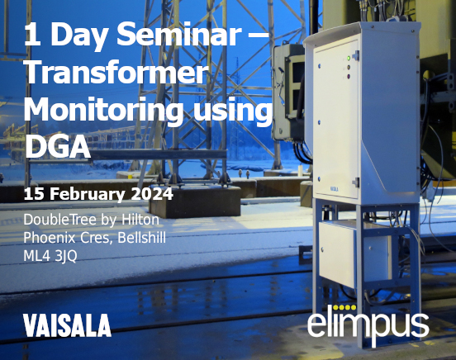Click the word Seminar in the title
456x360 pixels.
(178, 35)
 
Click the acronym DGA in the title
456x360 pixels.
(57, 146)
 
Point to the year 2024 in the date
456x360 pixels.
(152, 194)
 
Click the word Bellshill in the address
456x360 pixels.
(141, 238)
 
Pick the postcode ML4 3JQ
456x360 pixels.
(50, 256)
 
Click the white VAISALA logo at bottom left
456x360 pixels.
(68, 325)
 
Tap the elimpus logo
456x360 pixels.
(368, 325)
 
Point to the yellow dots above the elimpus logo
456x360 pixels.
(344, 307)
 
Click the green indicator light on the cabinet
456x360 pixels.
(348, 59)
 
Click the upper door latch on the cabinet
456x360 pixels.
(356, 55)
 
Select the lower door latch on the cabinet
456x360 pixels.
(356, 182)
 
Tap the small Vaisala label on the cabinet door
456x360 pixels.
(334, 189)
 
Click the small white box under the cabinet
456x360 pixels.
(354, 253)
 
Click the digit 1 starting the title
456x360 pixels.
(32, 35)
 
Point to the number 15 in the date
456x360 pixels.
(35, 194)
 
